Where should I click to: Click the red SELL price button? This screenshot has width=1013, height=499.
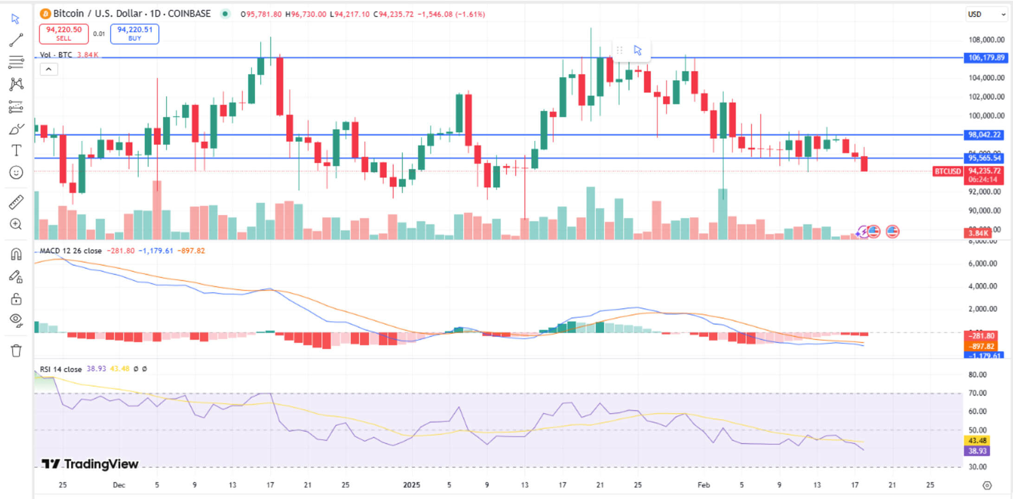coord(64,33)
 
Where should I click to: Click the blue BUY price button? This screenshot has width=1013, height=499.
coord(135,33)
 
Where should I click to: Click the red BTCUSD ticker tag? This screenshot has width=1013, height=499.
coord(947,171)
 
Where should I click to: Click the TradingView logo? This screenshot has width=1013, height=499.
coord(90,464)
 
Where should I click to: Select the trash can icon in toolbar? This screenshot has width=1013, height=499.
coord(16,351)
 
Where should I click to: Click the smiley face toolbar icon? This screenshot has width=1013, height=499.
coord(16,173)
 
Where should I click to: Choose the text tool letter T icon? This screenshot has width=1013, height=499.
coord(16,150)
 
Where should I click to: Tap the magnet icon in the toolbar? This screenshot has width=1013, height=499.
coord(16,254)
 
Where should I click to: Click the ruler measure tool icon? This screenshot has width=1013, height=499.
coord(16,202)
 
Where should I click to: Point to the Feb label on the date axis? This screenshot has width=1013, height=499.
coord(703,485)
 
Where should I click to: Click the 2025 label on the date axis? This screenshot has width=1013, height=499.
coord(411,485)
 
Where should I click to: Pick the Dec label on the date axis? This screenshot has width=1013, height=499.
coord(119,485)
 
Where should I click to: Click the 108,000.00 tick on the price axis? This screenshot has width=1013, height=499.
coord(986,40)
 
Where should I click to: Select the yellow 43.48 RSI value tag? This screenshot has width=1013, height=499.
coord(977,441)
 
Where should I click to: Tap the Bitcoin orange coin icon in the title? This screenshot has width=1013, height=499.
coord(45,14)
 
